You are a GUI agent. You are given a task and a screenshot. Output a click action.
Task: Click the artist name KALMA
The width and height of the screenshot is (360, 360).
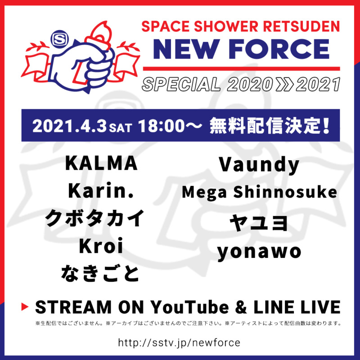pyautogui.click(x=101, y=163)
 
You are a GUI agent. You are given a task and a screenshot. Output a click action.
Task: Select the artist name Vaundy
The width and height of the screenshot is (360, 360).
pyautogui.click(x=259, y=165)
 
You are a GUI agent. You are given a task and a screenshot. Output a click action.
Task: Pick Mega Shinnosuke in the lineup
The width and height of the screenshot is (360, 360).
pyautogui.click(x=259, y=193)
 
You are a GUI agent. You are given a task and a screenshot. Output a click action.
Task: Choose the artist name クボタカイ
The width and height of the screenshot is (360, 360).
pyautogui.click(x=94, y=218)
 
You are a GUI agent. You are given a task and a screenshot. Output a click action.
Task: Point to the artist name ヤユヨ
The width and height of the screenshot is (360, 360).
pyautogui.click(x=259, y=223)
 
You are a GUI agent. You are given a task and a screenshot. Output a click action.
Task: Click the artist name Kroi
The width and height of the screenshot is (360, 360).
pyautogui.click(x=101, y=246)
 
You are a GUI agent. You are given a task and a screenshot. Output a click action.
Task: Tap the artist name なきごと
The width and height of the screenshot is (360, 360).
pyautogui.click(x=100, y=274)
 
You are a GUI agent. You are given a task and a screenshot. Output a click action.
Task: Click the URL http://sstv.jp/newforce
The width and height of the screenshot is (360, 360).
pyautogui.click(x=179, y=342)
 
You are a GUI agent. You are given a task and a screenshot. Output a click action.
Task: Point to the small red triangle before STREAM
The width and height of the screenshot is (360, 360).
pyautogui.click(x=25, y=306)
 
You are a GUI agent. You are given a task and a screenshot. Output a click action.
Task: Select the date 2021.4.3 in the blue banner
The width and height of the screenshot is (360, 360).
pyautogui.click(x=70, y=126)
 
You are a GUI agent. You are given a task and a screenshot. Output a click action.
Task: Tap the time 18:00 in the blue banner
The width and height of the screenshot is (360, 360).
pyautogui.click(x=162, y=126)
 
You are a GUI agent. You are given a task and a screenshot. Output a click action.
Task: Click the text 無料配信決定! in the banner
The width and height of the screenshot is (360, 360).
pyautogui.click(x=270, y=126)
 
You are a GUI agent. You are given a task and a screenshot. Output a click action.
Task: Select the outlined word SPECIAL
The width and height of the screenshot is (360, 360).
pyautogui.click(x=181, y=84)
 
